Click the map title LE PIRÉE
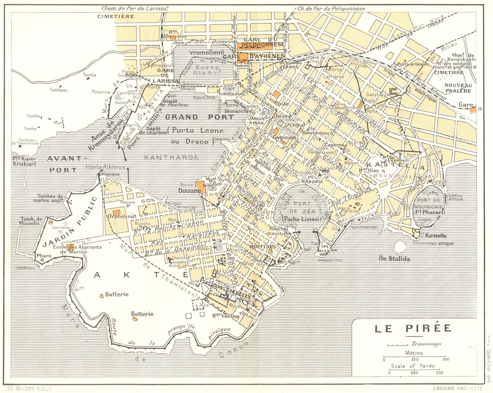413,328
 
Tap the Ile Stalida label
394,259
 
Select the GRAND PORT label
199,117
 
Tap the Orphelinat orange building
116,213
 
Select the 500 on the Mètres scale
445,359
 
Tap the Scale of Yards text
413,366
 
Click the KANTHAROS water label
171,157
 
